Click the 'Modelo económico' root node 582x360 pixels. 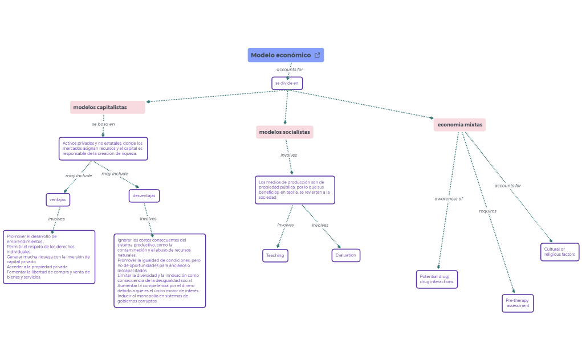(280, 55)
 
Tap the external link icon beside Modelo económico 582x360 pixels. (318, 55)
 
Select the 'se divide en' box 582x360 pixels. (287, 83)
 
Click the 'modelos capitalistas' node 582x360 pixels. (107, 107)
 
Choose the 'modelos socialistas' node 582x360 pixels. (284, 132)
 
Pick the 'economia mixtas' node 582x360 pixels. (459, 125)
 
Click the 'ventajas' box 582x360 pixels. (58, 199)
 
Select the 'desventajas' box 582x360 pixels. (144, 196)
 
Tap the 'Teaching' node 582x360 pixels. (275, 256)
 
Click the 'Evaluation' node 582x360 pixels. (345, 255)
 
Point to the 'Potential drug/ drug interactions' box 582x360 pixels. (437, 279)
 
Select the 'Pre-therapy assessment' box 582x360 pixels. (518, 303)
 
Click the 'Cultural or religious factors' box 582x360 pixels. (559, 252)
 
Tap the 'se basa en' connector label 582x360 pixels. (103, 124)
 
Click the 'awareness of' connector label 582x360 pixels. (449, 199)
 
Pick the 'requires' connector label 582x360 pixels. (487, 211)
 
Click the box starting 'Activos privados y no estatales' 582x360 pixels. (103, 148)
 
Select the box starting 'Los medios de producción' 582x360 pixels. (294, 190)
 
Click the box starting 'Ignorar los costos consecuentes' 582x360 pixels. (160, 271)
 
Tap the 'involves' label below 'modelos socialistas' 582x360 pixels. (288, 155)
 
